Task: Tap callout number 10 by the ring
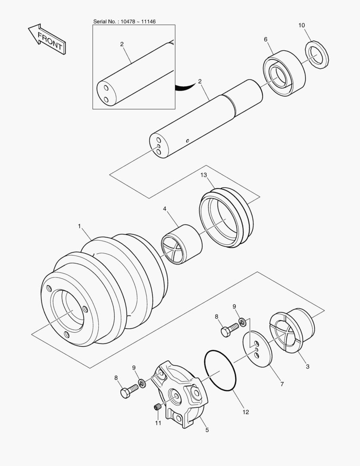tap(301, 25)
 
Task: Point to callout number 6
tap(266, 39)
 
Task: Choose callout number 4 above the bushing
tap(165, 209)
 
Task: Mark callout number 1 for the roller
tap(79, 226)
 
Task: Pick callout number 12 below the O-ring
tap(245, 412)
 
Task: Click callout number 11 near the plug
tap(158, 423)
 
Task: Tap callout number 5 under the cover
tap(207, 430)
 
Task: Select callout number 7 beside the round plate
tap(282, 384)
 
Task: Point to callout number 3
tap(307, 367)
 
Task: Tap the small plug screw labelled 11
tap(158, 407)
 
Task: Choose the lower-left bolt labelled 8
tap(128, 391)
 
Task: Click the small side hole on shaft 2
tap(187, 141)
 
